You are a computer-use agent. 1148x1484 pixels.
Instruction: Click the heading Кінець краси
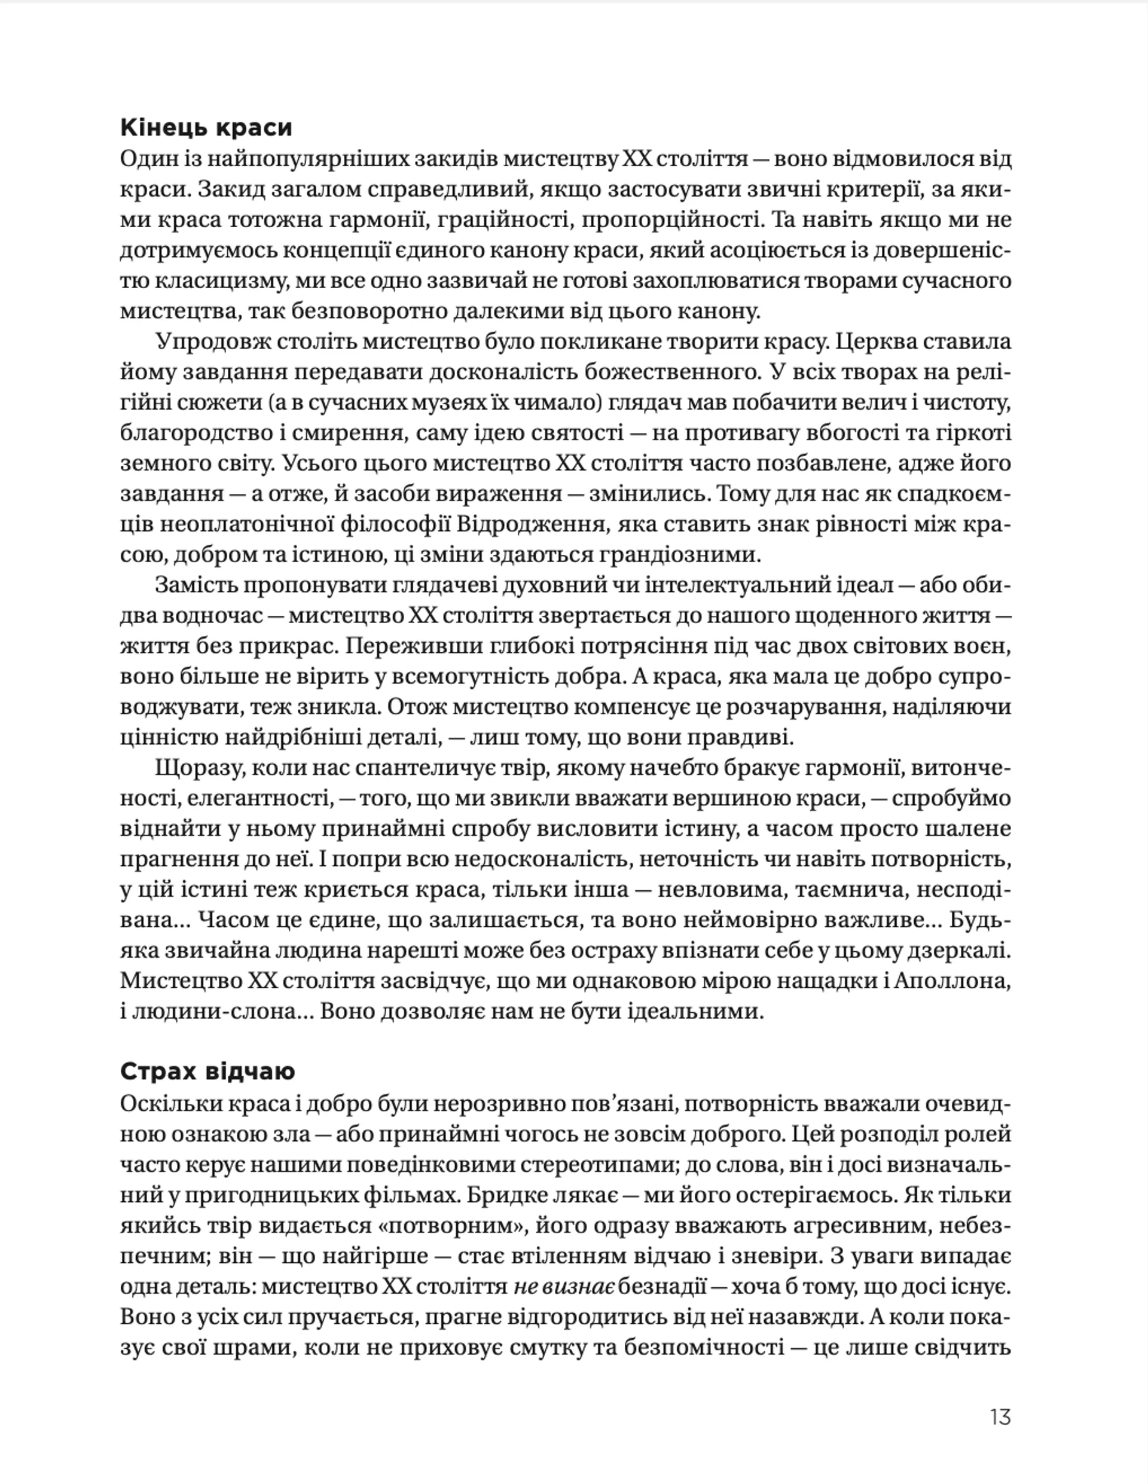(206, 128)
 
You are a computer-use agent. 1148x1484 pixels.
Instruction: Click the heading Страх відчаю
(207, 1071)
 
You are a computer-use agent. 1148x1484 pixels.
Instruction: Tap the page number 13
(1000, 1418)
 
